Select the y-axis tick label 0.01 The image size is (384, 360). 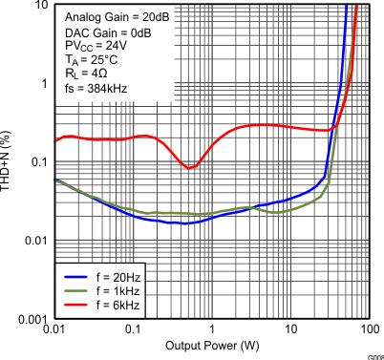(33, 240)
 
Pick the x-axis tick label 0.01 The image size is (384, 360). (54, 329)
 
